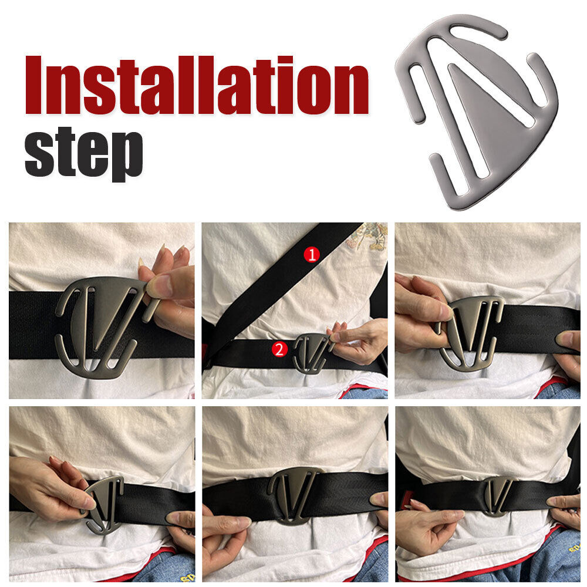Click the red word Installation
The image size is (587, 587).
pyautogui.click(x=197, y=85)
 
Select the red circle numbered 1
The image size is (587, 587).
pyautogui.click(x=312, y=254)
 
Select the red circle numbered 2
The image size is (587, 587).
pyautogui.click(x=280, y=350)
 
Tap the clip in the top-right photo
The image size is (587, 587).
pyautogui.click(x=470, y=332)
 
